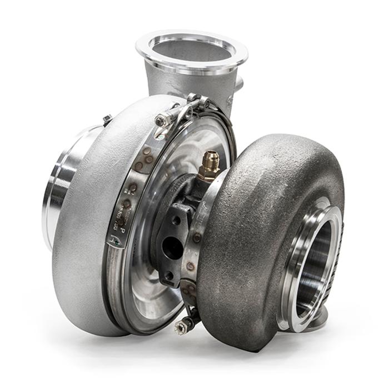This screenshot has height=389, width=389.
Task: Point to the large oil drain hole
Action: (x=173, y=247)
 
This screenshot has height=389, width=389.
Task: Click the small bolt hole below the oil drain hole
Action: (x=169, y=275)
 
